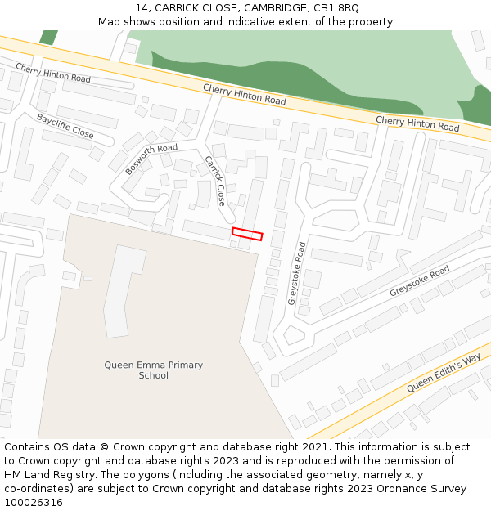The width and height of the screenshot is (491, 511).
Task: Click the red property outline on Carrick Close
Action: [x=247, y=235]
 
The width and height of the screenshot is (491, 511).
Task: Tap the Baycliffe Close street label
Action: [x=65, y=126]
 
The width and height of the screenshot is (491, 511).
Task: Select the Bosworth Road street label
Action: [x=151, y=159]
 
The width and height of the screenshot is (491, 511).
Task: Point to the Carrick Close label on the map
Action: [x=215, y=181]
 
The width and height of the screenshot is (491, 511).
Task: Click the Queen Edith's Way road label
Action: [x=444, y=372]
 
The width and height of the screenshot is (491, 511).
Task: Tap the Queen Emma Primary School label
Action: [x=154, y=370]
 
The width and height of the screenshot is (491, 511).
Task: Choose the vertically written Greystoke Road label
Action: [x=296, y=273]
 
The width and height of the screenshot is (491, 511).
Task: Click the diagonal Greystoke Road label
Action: [x=419, y=281]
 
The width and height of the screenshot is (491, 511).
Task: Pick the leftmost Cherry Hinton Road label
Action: [x=53, y=73]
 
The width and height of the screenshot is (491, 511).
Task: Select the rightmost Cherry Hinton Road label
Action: [x=417, y=123]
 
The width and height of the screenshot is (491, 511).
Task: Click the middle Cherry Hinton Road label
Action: [x=245, y=95]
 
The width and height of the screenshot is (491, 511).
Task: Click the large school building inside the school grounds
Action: [x=123, y=290]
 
